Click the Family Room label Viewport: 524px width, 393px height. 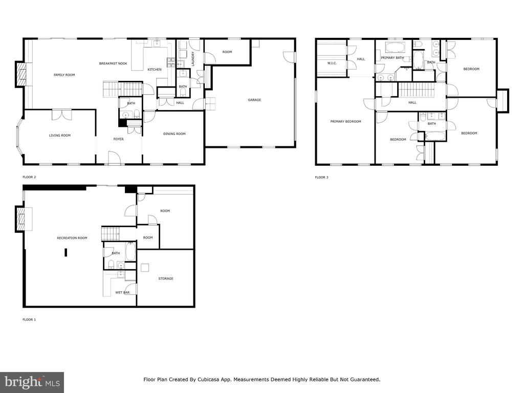click(64, 75)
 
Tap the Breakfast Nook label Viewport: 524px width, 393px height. click(113, 63)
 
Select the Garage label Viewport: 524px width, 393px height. click(254, 100)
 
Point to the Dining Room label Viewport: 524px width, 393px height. click(174, 134)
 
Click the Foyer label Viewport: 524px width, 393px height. click(118, 139)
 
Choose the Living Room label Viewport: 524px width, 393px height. click(60, 135)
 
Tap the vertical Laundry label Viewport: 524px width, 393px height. click(193, 58)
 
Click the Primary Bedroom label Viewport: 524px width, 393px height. click(345, 122)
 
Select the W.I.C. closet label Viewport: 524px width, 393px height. click(332, 63)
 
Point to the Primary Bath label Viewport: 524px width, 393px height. click(392, 58)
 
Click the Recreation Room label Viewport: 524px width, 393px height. click(72, 238)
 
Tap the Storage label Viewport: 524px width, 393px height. click(166, 278)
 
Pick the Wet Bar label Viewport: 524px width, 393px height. click(122, 292)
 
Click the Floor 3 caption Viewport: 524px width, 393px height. click(321, 177)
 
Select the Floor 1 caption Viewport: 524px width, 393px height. click(29, 319)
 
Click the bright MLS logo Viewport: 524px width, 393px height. click(32, 382)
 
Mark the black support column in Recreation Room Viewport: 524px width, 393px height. click(66, 252)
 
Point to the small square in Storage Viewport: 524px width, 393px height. click(145, 268)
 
